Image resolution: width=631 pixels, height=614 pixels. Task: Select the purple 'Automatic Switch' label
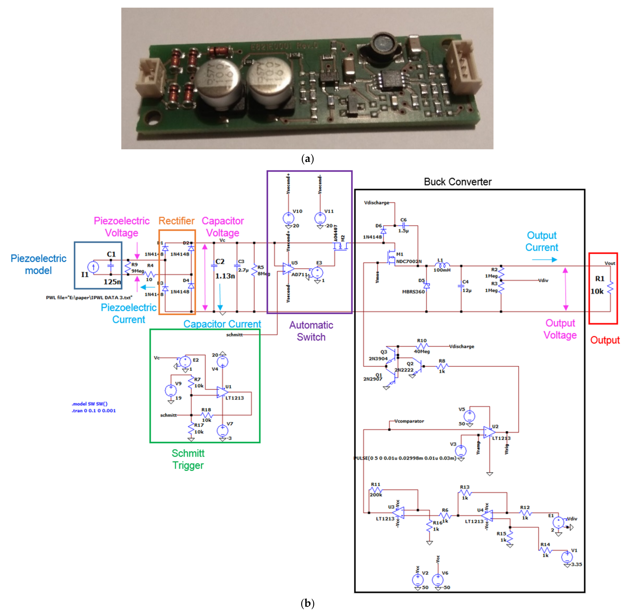pyautogui.click(x=311, y=331)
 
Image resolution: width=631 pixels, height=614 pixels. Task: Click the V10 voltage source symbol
pyautogui.click(x=288, y=218)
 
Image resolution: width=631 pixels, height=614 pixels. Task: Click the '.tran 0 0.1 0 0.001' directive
pyautogui.click(x=93, y=411)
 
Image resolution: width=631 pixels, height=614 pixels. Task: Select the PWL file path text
pyautogui.click(x=89, y=297)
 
